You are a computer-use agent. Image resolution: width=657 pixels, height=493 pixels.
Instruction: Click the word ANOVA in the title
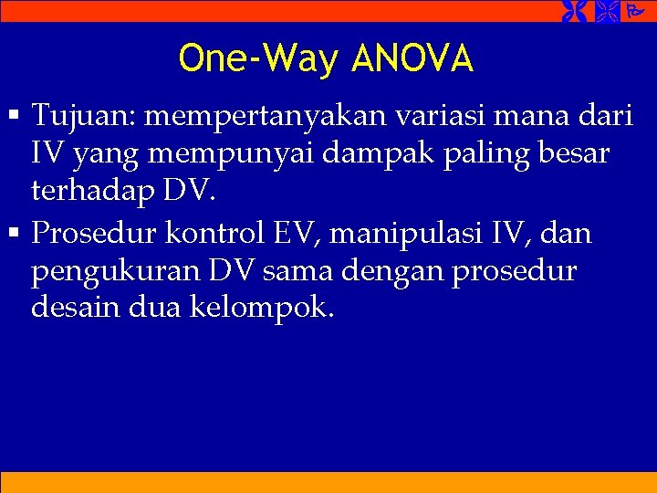point(412,58)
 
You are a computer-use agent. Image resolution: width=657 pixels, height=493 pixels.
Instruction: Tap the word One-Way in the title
point(259,58)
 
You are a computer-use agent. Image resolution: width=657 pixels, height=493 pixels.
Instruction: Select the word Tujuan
point(82,117)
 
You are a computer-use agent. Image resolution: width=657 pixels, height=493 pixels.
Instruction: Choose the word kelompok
point(262,309)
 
